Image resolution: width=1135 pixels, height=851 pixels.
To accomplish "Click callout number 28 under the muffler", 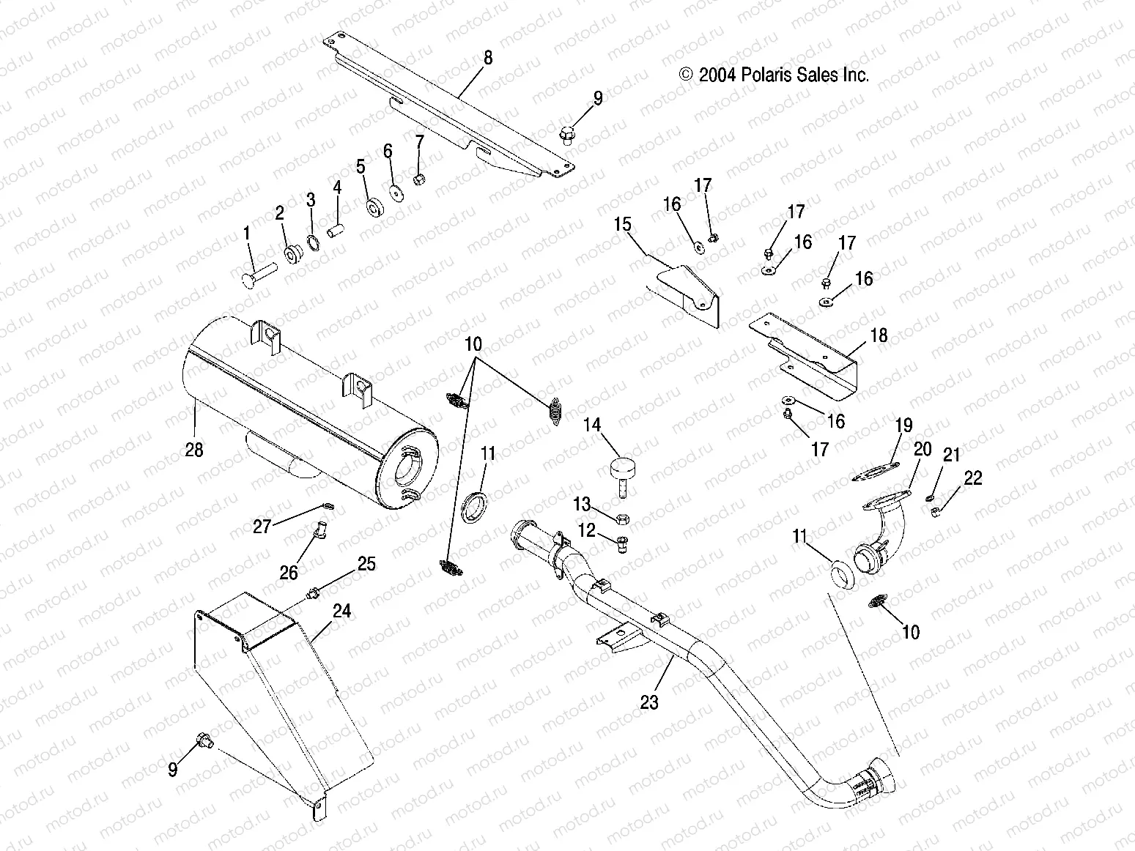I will pyautogui.click(x=193, y=450).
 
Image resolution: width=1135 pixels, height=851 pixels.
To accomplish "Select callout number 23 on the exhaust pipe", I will pyautogui.click(x=649, y=702).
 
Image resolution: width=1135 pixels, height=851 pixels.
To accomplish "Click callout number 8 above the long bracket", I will pyautogui.click(x=488, y=59).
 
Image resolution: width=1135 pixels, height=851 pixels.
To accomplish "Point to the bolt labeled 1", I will pyautogui.click(x=256, y=272).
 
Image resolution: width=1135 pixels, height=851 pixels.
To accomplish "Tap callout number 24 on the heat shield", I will pyautogui.click(x=341, y=612).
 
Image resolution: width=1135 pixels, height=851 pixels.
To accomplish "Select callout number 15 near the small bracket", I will pyautogui.click(x=622, y=224).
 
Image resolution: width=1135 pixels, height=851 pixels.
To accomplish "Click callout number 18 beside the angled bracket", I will pyautogui.click(x=879, y=335).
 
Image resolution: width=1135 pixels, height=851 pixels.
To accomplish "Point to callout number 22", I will pyautogui.click(x=973, y=478).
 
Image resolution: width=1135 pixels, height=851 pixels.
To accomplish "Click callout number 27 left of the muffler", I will pyautogui.click(x=262, y=526).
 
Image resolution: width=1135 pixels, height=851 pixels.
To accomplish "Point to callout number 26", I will pyautogui.click(x=289, y=572).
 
